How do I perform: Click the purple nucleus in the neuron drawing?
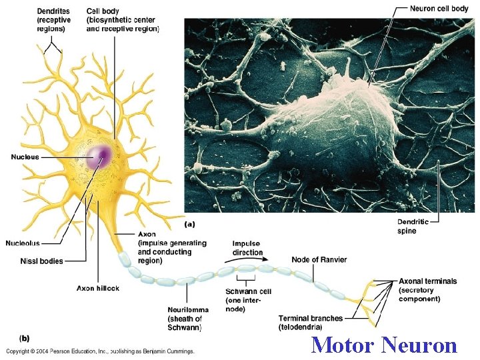pyautogui.click(x=99, y=157)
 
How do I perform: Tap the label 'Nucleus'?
pyautogui.click(x=25, y=157)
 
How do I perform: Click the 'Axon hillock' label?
pyautogui.click(x=97, y=289)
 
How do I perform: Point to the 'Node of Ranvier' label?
pyautogui.click(x=319, y=259)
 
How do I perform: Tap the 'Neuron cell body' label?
pyautogui.click(x=439, y=9)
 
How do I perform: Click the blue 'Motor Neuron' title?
pyautogui.click(x=384, y=345)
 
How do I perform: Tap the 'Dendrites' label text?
pyautogui.click(x=53, y=10)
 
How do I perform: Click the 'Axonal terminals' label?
pyautogui.click(x=427, y=281)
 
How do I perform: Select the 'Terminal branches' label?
pyautogui.click(x=310, y=318)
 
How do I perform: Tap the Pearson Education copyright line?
pyautogui.click(x=100, y=351)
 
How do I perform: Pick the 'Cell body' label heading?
pyautogui.click(x=103, y=10)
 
